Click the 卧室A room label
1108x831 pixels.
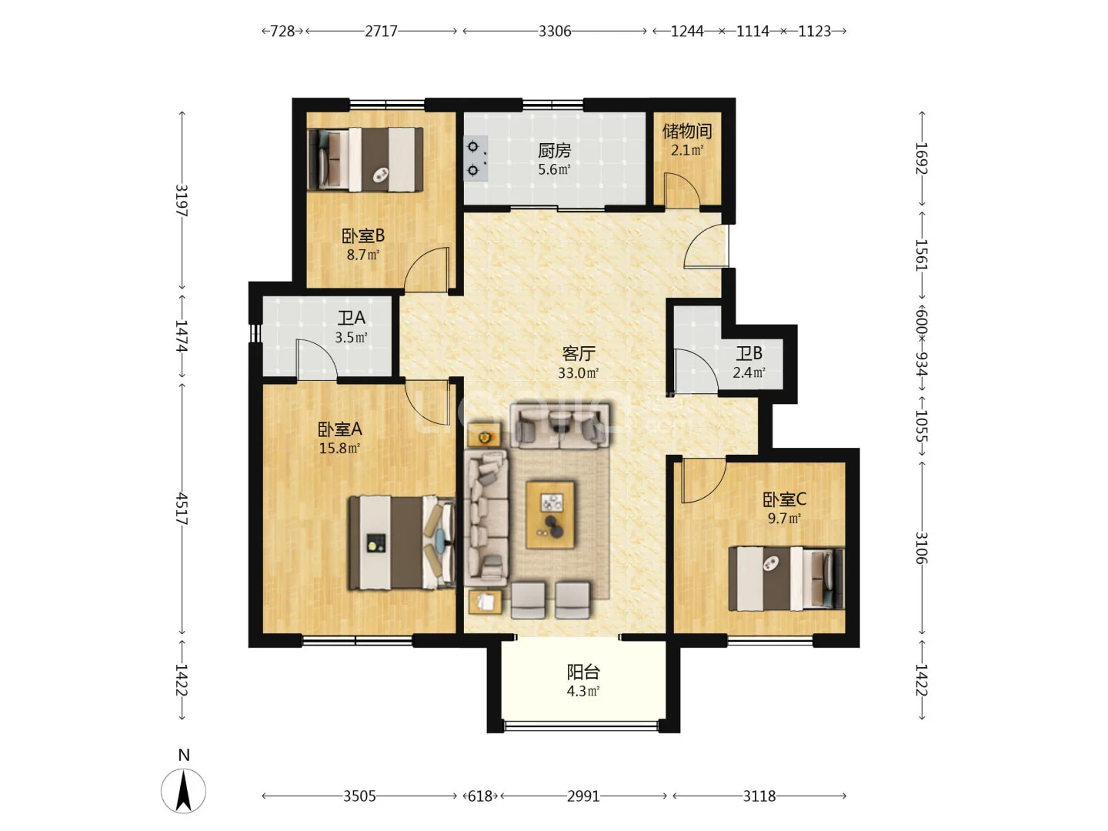[x=339, y=429]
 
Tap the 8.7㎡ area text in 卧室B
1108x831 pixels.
[x=362, y=254]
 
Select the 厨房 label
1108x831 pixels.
[x=554, y=150]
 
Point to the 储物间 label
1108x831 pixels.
[x=687, y=131]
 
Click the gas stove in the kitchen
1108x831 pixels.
[x=476, y=159]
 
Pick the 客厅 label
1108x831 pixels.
[x=579, y=354]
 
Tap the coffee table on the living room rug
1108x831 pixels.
[x=549, y=515]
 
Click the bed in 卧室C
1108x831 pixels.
[x=786, y=579]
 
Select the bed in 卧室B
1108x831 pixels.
[x=365, y=159]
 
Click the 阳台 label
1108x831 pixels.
[x=583, y=672]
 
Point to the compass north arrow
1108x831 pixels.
[x=184, y=791]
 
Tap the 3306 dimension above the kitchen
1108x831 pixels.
[x=554, y=32]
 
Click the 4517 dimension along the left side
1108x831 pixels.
[x=182, y=509]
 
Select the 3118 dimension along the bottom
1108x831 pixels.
[x=759, y=796]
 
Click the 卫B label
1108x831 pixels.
[x=749, y=353]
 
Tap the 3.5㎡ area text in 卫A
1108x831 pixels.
[x=351, y=337]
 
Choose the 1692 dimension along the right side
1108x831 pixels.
[x=922, y=159]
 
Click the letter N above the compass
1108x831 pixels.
[x=184, y=755]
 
